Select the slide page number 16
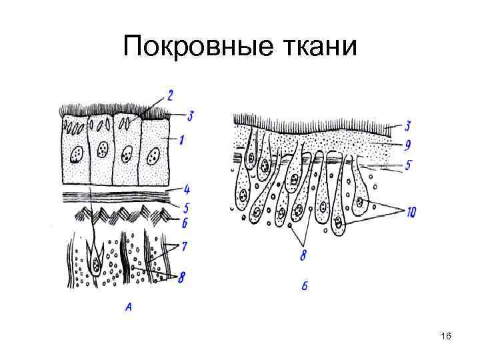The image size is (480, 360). [446, 338]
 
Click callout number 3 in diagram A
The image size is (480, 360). [190, 116]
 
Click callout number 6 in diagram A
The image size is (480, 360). [184, 222]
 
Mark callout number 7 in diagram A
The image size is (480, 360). [185, 247]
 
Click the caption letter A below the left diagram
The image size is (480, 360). [127, 306]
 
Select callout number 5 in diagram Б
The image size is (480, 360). [407, 164]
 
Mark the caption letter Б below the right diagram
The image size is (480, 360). [304, 287]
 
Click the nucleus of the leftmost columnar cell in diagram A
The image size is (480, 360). [75, 156]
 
